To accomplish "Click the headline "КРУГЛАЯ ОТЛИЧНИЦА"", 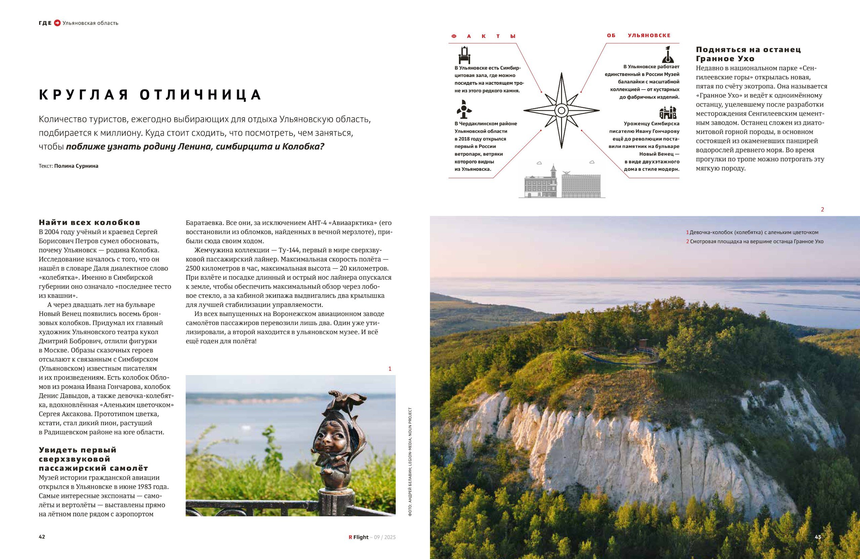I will pyautogui.click(x=150, y=94).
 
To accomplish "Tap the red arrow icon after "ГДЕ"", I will pyautogui.click(x=57, y=23).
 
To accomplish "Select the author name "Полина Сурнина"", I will pyautogui.click(x=76, y=166).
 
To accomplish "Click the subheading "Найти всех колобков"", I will pyautogui.click(x=89, y=223).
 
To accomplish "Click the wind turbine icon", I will pyautogui.click(x=464, y=109).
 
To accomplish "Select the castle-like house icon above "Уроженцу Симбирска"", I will pyautogui.click(x=668, y=113).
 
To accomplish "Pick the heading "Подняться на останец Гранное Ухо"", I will pyautogui.click(x=748, y=54).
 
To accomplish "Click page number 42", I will pyautogui.click(x=42, y=537).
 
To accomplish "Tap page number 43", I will pyautogui.click(x=818, y=537).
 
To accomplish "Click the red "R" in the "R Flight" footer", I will pyautogui.click(x=350, y=537).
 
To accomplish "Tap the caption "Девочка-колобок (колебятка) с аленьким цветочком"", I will pyautogui.click(x=754, y=233).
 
